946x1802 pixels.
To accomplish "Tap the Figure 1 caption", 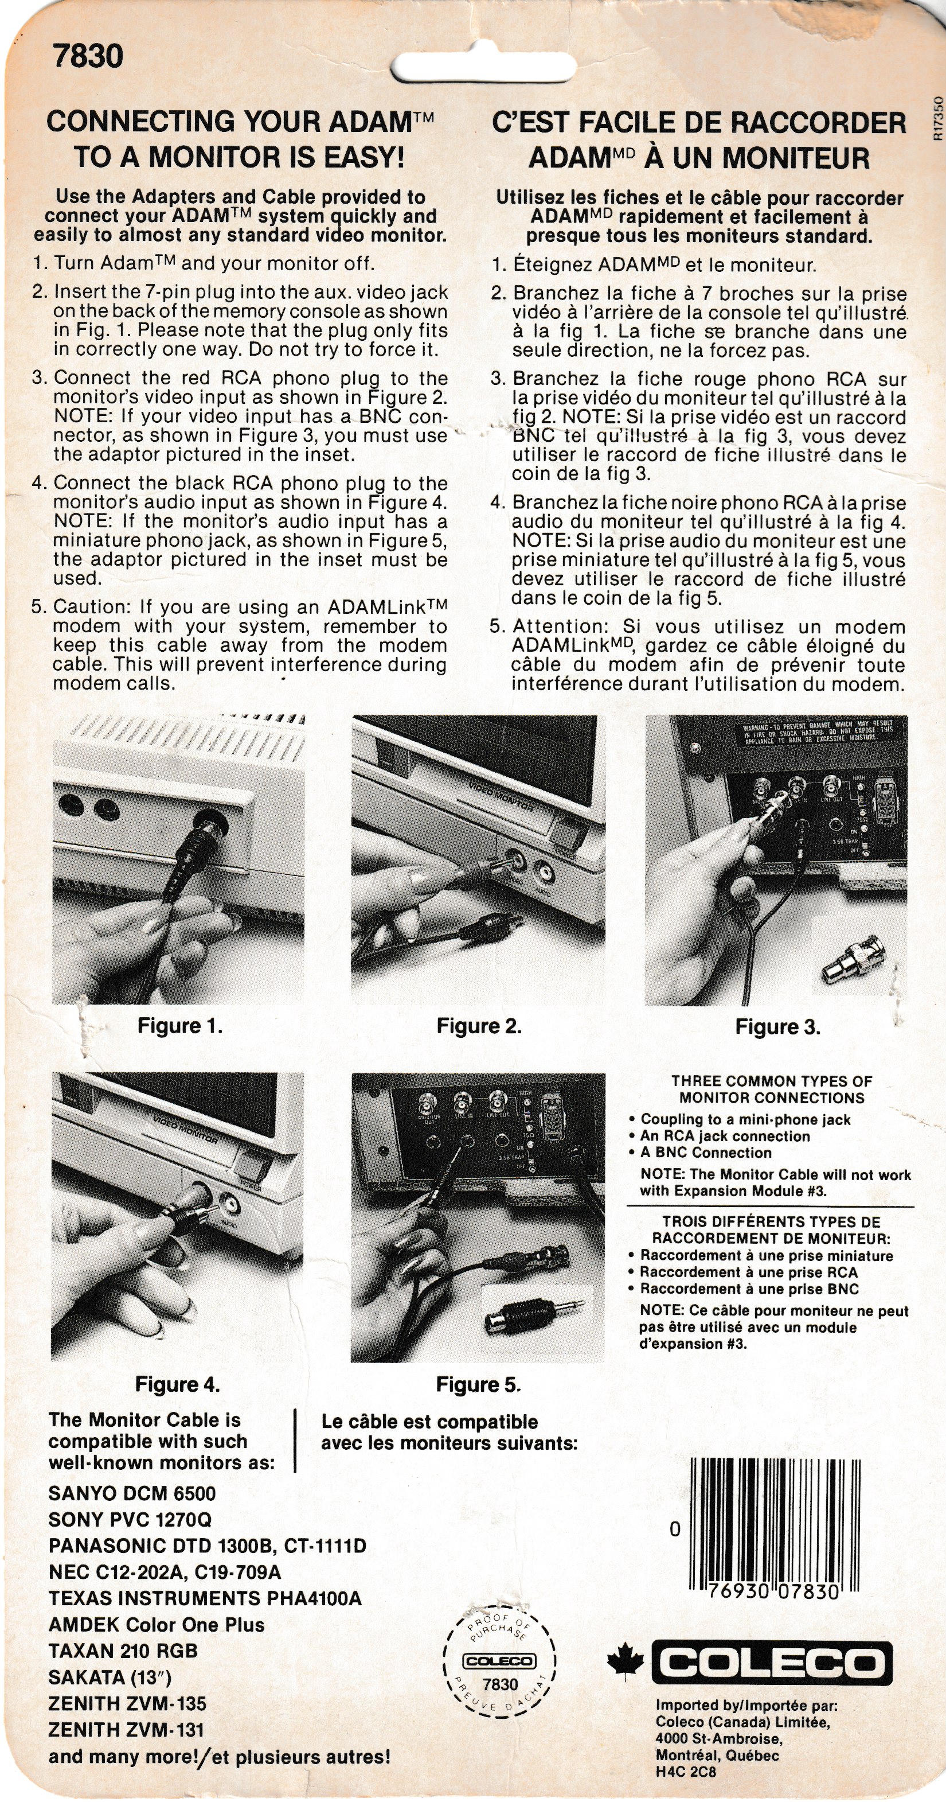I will click(179, 1026).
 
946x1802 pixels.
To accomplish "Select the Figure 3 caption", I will click(777, 1027).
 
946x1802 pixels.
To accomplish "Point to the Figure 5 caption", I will click(478, 1384).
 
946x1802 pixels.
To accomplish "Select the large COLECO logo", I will click(771, 1663).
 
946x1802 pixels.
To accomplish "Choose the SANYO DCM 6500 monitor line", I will click(132, 1493).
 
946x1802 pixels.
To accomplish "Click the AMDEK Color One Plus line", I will click(157, 1624).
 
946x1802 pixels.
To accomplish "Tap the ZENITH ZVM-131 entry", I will click(126, 1729).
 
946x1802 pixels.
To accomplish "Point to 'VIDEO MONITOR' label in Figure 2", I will click(501, 797).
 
